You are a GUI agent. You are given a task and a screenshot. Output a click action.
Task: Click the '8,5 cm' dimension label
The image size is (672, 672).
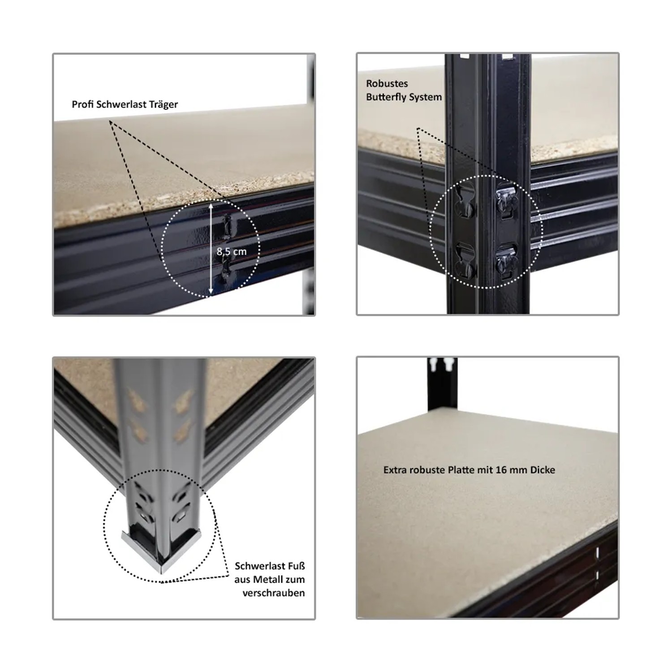[x=232, y=252]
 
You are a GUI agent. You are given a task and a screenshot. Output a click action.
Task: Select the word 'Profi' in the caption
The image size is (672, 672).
[x=82, y=104]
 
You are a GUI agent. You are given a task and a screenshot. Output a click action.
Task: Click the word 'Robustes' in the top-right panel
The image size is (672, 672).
[x=387, y=84]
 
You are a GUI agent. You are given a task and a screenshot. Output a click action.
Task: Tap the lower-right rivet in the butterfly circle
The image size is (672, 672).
[x=506, y=261]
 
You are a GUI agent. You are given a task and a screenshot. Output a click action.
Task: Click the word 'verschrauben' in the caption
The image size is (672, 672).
[x=274, y=593]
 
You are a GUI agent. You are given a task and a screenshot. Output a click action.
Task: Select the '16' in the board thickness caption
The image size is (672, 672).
[x=500, y=470]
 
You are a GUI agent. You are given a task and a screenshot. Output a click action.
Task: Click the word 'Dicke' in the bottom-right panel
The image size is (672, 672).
[x=542, y=470]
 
